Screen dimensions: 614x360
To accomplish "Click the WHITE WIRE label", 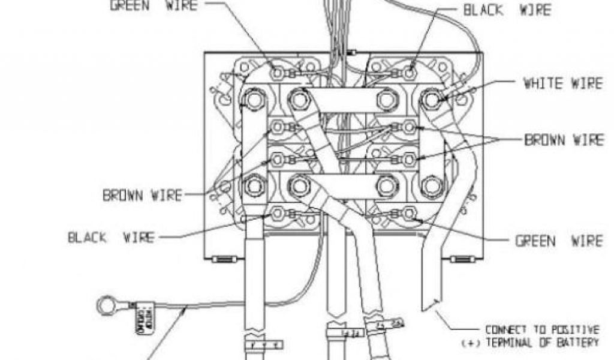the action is (562, 83).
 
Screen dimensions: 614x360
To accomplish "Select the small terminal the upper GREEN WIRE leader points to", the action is (278, 73).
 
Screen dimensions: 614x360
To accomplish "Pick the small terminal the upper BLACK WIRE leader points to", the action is (410, 73).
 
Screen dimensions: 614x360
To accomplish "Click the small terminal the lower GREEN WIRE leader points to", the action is (410, 213).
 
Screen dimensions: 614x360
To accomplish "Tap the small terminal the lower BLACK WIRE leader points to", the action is (278, 213).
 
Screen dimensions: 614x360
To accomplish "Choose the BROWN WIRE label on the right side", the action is (564, 140).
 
